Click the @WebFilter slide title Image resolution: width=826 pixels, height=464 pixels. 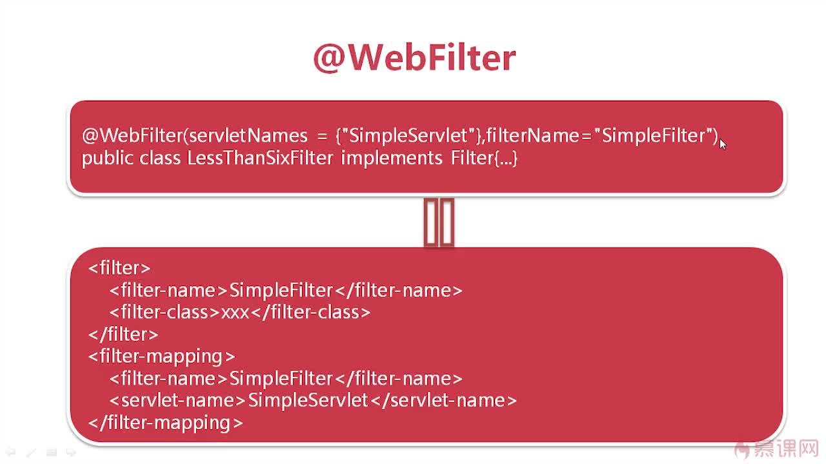[x=414, y=58]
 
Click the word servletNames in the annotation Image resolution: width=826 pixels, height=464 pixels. [x=248, y=135]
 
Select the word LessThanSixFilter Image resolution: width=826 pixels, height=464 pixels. [x=260, y=159]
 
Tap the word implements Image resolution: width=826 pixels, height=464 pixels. [x=391, y=159]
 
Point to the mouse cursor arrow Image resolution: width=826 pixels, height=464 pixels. [x=723, y=144]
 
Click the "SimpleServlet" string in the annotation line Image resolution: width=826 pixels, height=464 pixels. [x=408, y=136]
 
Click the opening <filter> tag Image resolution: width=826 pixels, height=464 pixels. [x=119, y=267]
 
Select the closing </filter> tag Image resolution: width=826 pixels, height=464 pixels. [x=123, y=334]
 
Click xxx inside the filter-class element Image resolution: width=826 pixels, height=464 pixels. [x=236, y=313]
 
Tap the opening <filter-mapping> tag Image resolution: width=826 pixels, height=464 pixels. [x=161, y=357]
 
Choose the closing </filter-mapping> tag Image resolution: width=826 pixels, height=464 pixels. [x=166, y=423]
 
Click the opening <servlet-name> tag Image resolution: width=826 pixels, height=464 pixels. [x=177, y=400]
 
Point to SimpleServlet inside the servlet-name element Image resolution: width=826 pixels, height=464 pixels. [x=308, y=400]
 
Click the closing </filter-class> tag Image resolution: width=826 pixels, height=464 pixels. [x=310, y=313]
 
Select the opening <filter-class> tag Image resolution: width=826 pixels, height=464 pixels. [x=165, y=313]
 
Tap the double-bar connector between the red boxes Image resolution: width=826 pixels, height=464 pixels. [x=439, y=222]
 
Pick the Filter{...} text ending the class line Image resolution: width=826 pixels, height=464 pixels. [x=484, y=159]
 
